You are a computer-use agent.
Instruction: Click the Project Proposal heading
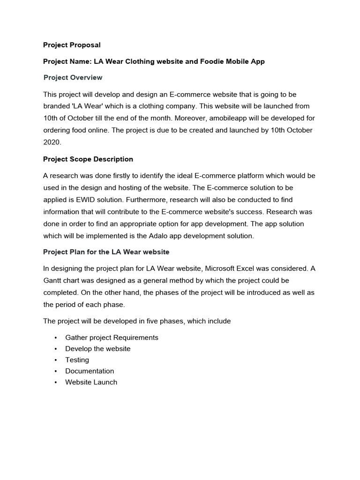[x=72, y=45]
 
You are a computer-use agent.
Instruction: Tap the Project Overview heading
[x=73, y=77]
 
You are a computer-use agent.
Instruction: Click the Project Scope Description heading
[x=88, y=159]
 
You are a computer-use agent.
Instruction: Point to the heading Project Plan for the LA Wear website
[x=106, y=252]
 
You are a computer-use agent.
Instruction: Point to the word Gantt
[x=52, y=281]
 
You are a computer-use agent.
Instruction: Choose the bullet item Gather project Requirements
[x=112, y=337]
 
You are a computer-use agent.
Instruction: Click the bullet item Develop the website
[x=97, y=349]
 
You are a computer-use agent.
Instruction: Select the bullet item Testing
[x=77, y=360]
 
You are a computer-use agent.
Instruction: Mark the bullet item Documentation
[x=90, y=371]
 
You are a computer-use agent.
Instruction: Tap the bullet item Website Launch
[x=91, y=382]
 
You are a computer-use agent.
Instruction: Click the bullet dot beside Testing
[x=55, y=360]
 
